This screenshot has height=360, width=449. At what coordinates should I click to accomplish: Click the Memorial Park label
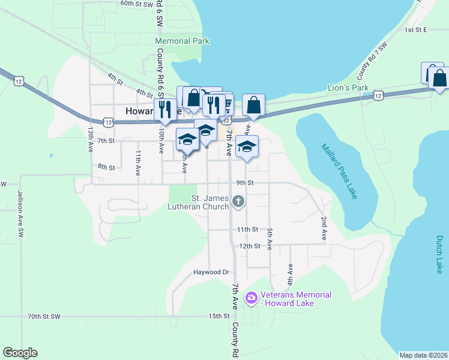click(x=182, y=41)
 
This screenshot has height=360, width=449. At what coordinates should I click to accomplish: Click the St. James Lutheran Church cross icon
click(x=238, y=201)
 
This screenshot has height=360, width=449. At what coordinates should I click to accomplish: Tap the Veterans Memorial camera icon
click(x=252, y=297)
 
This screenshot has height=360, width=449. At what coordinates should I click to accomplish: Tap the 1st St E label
click(x=415, y=29)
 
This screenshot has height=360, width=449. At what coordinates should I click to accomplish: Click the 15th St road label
click(x=219, y=316)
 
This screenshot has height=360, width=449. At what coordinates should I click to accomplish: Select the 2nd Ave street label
click(x=324, y=229)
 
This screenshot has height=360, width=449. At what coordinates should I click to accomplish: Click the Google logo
click(x=20, y=353)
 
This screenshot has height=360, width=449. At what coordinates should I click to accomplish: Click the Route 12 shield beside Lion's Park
click(x=378, y=95)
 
